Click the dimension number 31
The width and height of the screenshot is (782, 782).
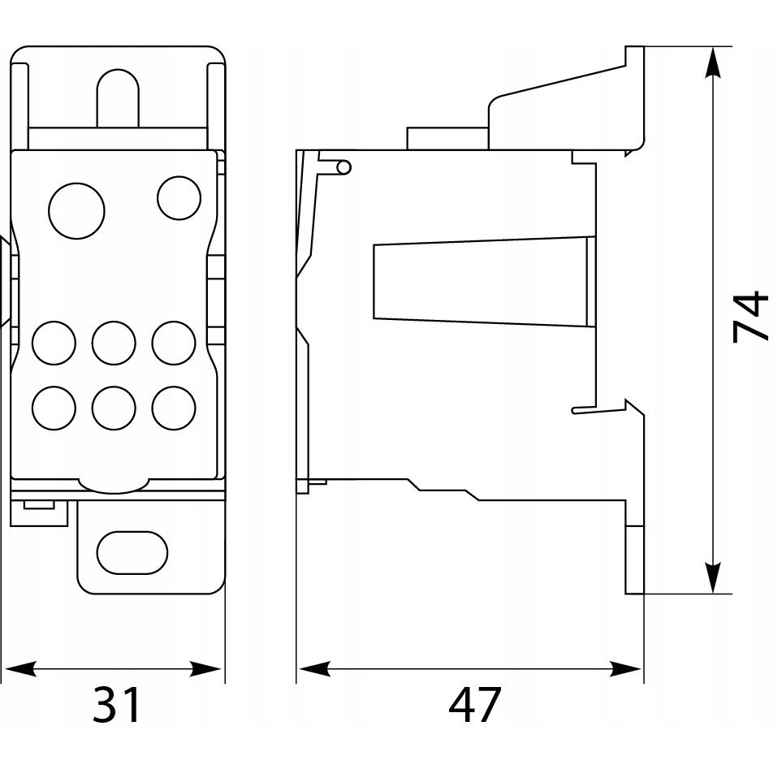(117, 705)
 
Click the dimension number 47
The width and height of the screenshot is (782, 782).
(473, 705)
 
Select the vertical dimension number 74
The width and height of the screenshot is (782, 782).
(750, 317)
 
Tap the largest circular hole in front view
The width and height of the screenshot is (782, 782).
(77, 211)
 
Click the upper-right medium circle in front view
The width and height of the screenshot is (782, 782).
(179, 198)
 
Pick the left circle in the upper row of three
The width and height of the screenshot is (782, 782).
(54, 343)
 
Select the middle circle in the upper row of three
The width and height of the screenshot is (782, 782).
(114, 343)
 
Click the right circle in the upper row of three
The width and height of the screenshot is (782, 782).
(174, 343)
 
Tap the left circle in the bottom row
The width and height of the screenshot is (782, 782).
(54, 408)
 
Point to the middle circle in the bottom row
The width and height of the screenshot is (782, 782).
(114, 408)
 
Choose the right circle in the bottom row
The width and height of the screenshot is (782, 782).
(174, 408)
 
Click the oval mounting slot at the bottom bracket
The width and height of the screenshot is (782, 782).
(132, 552)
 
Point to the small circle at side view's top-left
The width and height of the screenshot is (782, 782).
(343, 167)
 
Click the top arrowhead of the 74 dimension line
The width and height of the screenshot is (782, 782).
(714, 63)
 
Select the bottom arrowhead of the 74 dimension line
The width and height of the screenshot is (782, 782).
(714, 578)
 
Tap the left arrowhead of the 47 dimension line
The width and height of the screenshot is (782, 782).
(313, 669)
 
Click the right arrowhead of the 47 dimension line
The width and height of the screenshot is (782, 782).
(626, 669)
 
